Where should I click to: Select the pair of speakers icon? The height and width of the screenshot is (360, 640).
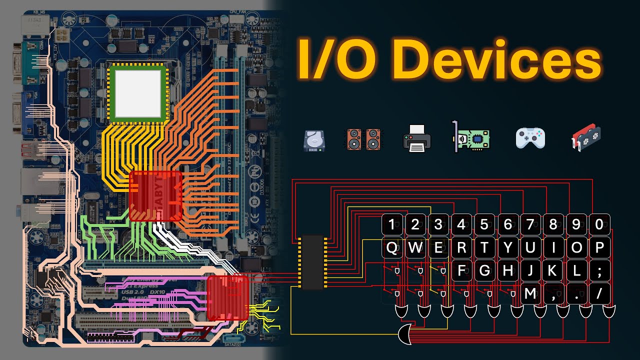(363, 139)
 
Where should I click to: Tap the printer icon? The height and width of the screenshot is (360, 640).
(417, 138)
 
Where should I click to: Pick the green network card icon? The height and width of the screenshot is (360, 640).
(470, 137)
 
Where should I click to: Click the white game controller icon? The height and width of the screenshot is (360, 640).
(530, 138)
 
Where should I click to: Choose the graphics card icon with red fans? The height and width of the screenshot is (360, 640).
(586, 138)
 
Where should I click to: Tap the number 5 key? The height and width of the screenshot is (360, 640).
(484, 224)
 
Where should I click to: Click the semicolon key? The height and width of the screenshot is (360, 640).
(599, 271)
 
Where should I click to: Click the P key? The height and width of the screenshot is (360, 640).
(599, 248)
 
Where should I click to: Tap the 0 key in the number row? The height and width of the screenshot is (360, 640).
(599, 224)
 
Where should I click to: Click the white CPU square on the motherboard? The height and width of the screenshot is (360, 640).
(138, 92)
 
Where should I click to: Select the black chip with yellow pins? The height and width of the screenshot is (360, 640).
(312, 262)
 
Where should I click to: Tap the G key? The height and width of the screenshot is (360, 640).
(484, 271)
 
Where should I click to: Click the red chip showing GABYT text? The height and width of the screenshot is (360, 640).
(155, 196)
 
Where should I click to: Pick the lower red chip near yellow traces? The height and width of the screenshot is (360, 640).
(228, 298)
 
